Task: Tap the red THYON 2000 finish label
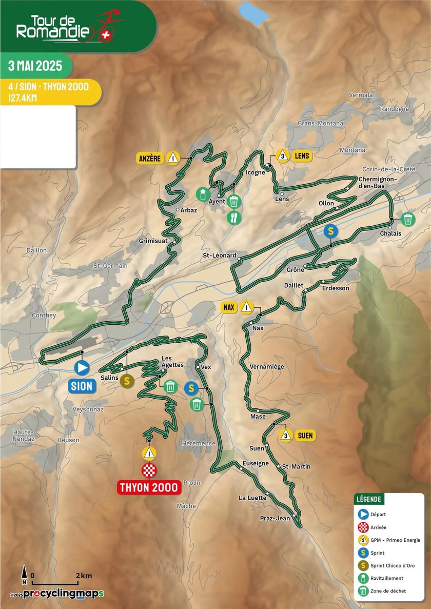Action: pos(149,487)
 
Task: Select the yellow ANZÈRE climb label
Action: pos(150,158)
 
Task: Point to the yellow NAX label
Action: pos(229,307)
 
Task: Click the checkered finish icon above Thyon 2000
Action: pos(149,469)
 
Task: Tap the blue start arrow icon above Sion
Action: pos(82,368)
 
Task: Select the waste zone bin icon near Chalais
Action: pos(408,219)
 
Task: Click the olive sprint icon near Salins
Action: pos(127,381)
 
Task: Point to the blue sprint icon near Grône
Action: pos(331,230)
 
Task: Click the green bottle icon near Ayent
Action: pos(203,194)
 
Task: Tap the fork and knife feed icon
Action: pos(234,218)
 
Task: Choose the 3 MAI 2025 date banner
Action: pos(35,66)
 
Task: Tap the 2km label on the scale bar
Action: pos(84,575)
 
